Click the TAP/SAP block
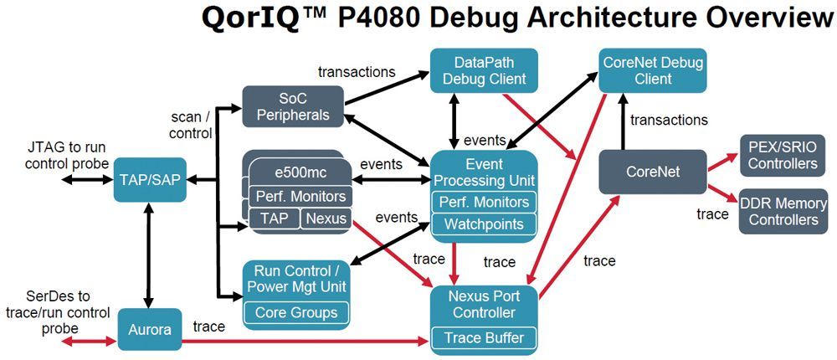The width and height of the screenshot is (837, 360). tap(150, 178)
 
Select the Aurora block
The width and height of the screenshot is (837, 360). tap(150, 329)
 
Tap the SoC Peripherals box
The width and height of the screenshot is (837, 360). tap(292, 106)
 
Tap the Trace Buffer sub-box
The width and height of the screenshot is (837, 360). tap(484, 337)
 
